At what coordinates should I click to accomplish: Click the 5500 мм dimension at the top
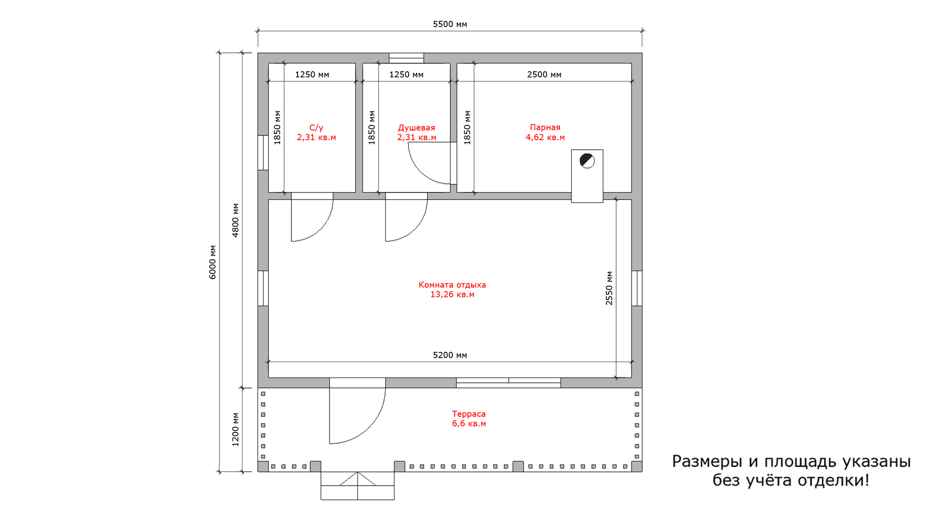(x=450, y=24)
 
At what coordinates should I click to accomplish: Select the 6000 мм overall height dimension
(x=213, y=262)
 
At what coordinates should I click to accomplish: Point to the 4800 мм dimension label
(x=235, y=220)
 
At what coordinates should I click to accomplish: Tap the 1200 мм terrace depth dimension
(x=235, y=429)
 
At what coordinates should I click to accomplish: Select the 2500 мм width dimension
(x=544, y=75)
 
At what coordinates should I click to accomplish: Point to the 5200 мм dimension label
(x=450, y=355)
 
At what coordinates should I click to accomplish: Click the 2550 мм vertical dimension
(x=609, y=288)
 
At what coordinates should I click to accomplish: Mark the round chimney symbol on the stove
(x=587, y=161)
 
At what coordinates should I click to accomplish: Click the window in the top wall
(x=406, y=58)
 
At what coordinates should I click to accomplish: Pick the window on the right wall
(x=637, y=288)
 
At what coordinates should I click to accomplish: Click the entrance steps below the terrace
(x=358, y=486)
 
